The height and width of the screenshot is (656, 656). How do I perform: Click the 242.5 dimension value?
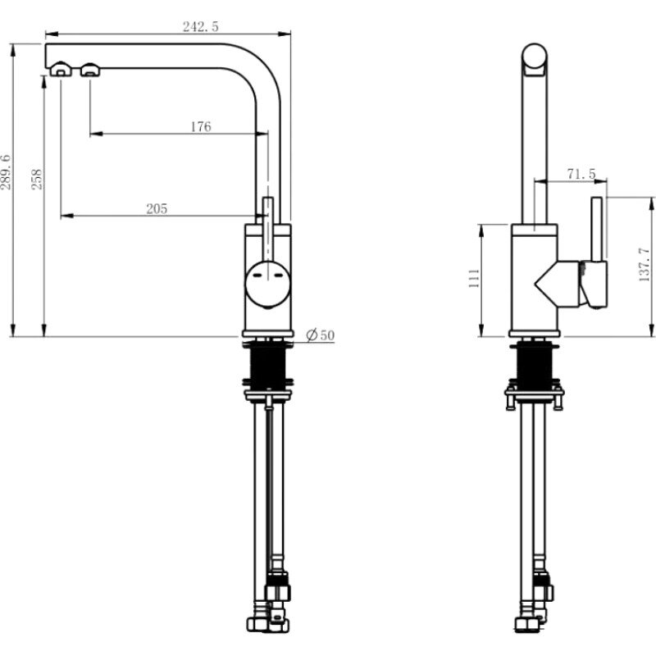coord(200,27)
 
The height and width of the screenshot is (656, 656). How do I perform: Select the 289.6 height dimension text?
coord(6,172)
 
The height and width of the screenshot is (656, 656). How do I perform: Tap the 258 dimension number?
coord(37,180)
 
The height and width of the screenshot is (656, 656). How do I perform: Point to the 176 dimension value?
coord(201,126)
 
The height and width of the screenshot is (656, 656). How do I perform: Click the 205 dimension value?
coord(157,208)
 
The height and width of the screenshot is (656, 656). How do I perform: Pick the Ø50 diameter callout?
coord(321,335)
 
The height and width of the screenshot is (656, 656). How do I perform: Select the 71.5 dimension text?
coord(581,174)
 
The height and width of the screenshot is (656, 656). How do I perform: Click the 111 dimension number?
coord(474,278)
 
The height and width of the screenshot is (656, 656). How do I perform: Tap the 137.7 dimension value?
coord(645,264)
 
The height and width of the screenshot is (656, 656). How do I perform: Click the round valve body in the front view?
coord(268,285)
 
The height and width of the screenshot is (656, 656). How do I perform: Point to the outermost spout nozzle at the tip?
coord(61,70)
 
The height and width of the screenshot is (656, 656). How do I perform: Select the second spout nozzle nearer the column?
coord(90,70)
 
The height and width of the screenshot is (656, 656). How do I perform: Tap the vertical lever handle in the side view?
coord(597,229)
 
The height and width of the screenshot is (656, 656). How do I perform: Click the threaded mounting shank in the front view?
coord(268,364)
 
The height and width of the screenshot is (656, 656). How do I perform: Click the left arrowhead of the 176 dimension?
coord(96,134)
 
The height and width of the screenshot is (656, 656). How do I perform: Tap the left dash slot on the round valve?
coord(257,276)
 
